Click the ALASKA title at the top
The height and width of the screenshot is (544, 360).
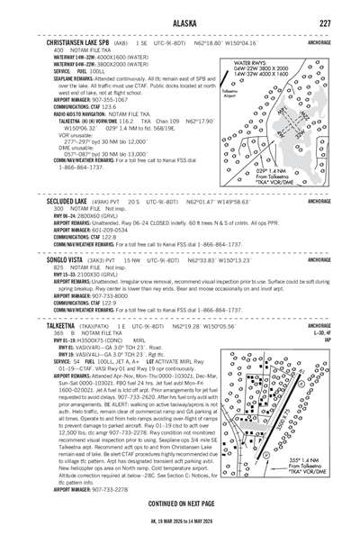coord(179,23)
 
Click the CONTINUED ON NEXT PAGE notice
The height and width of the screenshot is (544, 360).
coord(179,503)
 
